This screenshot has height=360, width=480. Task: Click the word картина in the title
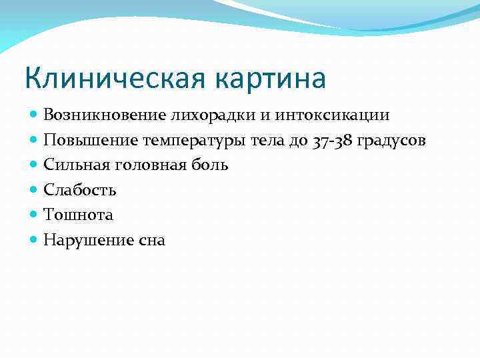(x=271, y=79)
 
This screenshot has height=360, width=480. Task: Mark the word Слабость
(x=80, y=190)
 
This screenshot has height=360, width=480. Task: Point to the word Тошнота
(x=78, y=215)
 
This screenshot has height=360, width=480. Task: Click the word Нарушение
(x=86, y=239)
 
